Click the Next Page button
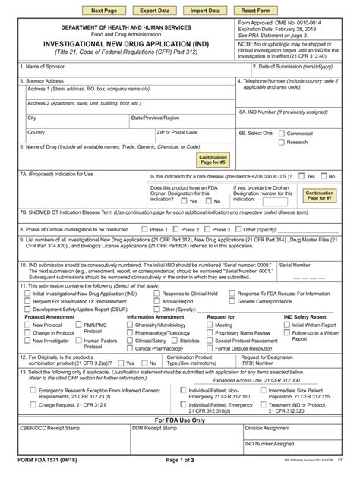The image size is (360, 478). [x=103, y=11]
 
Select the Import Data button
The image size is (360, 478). [x=205, y=11]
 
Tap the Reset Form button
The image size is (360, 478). [x=256, y=11]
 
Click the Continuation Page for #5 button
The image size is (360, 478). [x=213, y=159]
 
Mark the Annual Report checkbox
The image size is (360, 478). [x=156, y=301]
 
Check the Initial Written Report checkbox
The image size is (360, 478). [x=287, y=325]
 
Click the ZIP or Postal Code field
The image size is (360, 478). [x=194, y=140]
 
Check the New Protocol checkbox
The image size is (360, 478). [x=27, y=325]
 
